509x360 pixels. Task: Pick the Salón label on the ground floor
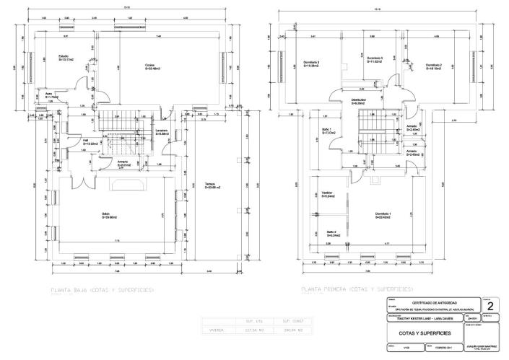pyautogui.click(x=108, y=215)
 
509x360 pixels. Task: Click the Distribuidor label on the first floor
pyautogui.click(x=359, y=101)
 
